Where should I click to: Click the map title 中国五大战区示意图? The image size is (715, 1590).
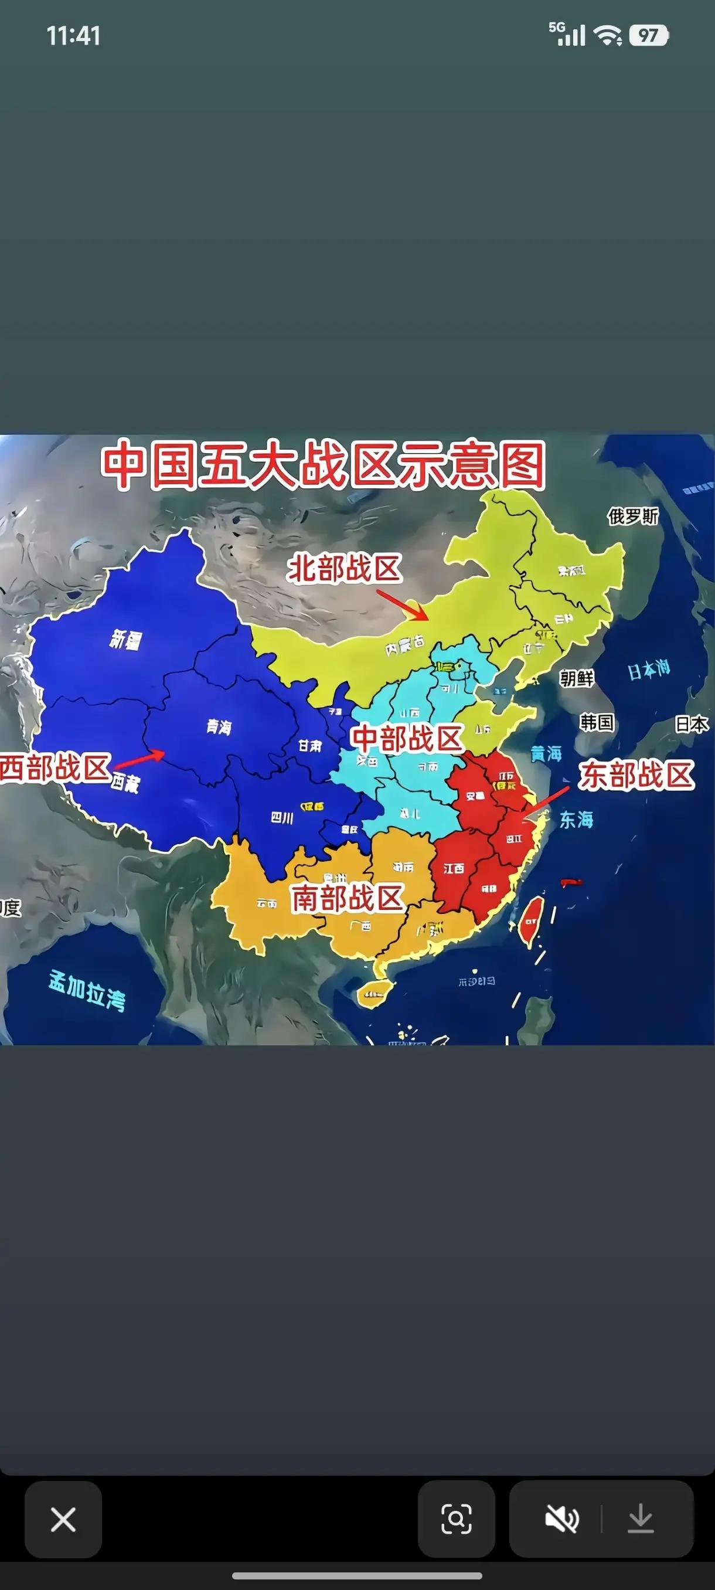pyautogui.click(x=324, y=465)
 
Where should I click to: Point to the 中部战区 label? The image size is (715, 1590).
pyautogui.click(x=407, y=738)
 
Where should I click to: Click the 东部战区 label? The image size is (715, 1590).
pyautogui.click(x=636, y=775)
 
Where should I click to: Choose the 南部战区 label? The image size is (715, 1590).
pyautogui.click(x=348, y=898)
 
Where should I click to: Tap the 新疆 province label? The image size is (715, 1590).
pyautogui.click(x=126, y=640)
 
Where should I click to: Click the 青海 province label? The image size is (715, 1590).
pyautogui.click(x=219, y=727)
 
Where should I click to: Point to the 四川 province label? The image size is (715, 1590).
pyautogui.click(x=282, y=818)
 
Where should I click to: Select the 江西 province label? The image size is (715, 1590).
pyautogui.click(x=454, y=868)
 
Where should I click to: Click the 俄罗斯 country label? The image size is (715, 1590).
pyautogui.click(x=633, y=516)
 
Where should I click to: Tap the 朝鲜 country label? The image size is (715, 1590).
pyautogui.click(x=576, y=678)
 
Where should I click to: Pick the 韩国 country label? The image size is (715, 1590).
pyautogui.click(x=597, y=722)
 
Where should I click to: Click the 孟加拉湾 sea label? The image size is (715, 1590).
pyautogui.click(x=87, y=990)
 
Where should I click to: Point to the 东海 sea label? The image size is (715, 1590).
pyautogui.click(x=576, y=820)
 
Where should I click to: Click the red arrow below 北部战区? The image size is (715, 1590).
pyautogui.click(x=401, y=604)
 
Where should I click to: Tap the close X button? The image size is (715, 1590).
pyautogui.click(x=63, y=1519)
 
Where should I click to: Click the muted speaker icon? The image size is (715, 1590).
pyautogui.click(x=562, y=1519)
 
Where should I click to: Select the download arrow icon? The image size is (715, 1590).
pyautogui.click(x=641, y=1519)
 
